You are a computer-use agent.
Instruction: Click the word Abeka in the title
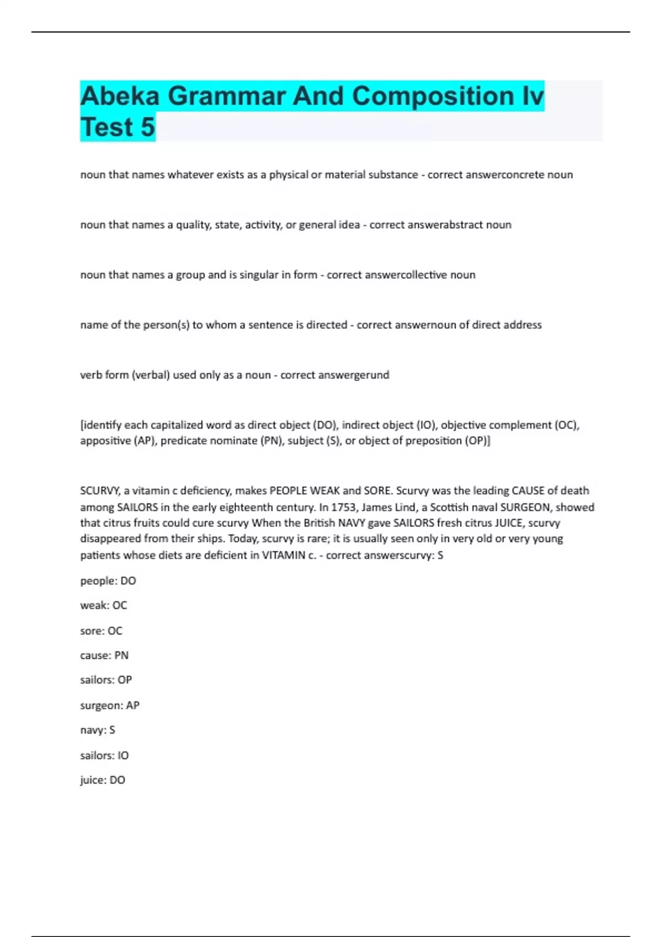(x=120, y=96)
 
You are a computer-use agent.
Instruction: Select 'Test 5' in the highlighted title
(x=118, y=127)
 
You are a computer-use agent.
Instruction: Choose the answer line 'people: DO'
(x=108, y=581)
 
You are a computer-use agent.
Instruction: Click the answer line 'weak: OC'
(x=104, y=605)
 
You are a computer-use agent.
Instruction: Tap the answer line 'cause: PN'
(x=104, y=655)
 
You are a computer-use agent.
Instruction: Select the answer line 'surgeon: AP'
(x=110, y=706)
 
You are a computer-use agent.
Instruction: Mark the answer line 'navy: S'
(x=98, y=730)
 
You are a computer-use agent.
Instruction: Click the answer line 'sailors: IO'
(x=104, y=756)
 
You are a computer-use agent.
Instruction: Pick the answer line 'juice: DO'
(x=103, y=780)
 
